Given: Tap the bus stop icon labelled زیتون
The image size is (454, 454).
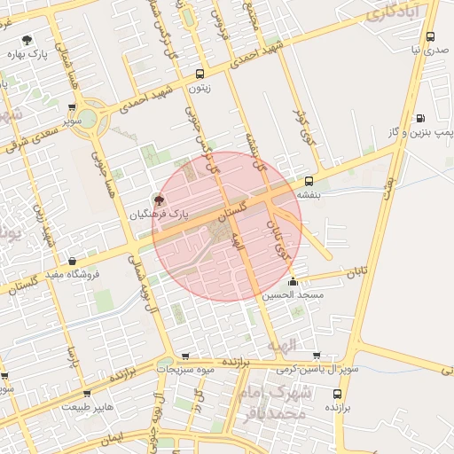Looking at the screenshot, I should [x=200, y=74].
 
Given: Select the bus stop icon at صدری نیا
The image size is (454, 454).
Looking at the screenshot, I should [x=430, y=37].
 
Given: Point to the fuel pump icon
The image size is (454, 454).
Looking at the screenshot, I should [x=420, y=118].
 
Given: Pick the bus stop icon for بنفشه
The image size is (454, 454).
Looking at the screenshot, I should [x=309, y=181].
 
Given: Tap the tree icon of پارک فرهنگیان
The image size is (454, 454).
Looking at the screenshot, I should [x=159, y=199].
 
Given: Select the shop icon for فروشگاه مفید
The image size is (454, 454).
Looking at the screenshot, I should [x=72, y=261].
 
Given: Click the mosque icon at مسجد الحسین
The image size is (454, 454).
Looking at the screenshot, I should [x=306, y=281].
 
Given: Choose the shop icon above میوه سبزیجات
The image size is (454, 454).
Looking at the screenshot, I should [x=185, y=355].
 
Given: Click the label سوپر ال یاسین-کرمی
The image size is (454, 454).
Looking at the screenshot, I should [x=316, y=368].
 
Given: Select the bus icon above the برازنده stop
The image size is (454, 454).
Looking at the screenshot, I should [x=336, y=393].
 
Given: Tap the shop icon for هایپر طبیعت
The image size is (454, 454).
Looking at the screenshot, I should [x=87, y=393].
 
